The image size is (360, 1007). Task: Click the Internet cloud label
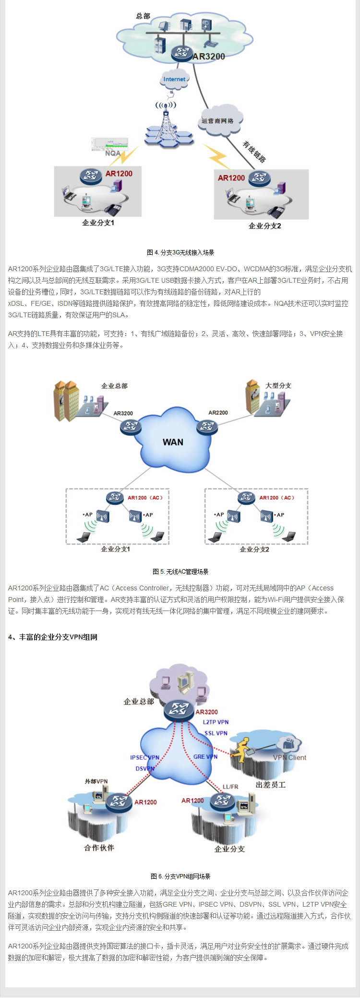point(174,79)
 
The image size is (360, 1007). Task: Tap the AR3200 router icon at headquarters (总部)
point(182,53)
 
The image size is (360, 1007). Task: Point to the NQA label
point(113,153)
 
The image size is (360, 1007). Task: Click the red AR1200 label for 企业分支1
point(119,174)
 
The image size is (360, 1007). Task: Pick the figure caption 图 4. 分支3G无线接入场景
point(180,252)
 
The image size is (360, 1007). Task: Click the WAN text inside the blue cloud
point(173,442)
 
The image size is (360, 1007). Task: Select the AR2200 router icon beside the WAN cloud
point(207,426)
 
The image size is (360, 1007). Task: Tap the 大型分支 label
point(278,385)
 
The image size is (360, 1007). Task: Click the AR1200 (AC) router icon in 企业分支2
point(246,497)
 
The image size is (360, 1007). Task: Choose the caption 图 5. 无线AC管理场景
point(180,572)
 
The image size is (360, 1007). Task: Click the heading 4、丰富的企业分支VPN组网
point(53,637)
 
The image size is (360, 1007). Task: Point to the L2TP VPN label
point(216,722)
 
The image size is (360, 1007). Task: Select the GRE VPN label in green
point(205,756)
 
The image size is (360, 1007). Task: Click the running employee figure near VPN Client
point(241,751)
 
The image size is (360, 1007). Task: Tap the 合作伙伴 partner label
point(99,848)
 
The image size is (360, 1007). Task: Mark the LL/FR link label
point(230,787)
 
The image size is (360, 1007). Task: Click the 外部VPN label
point(96,781)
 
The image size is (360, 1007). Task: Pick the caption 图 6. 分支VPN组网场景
point(180,876)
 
